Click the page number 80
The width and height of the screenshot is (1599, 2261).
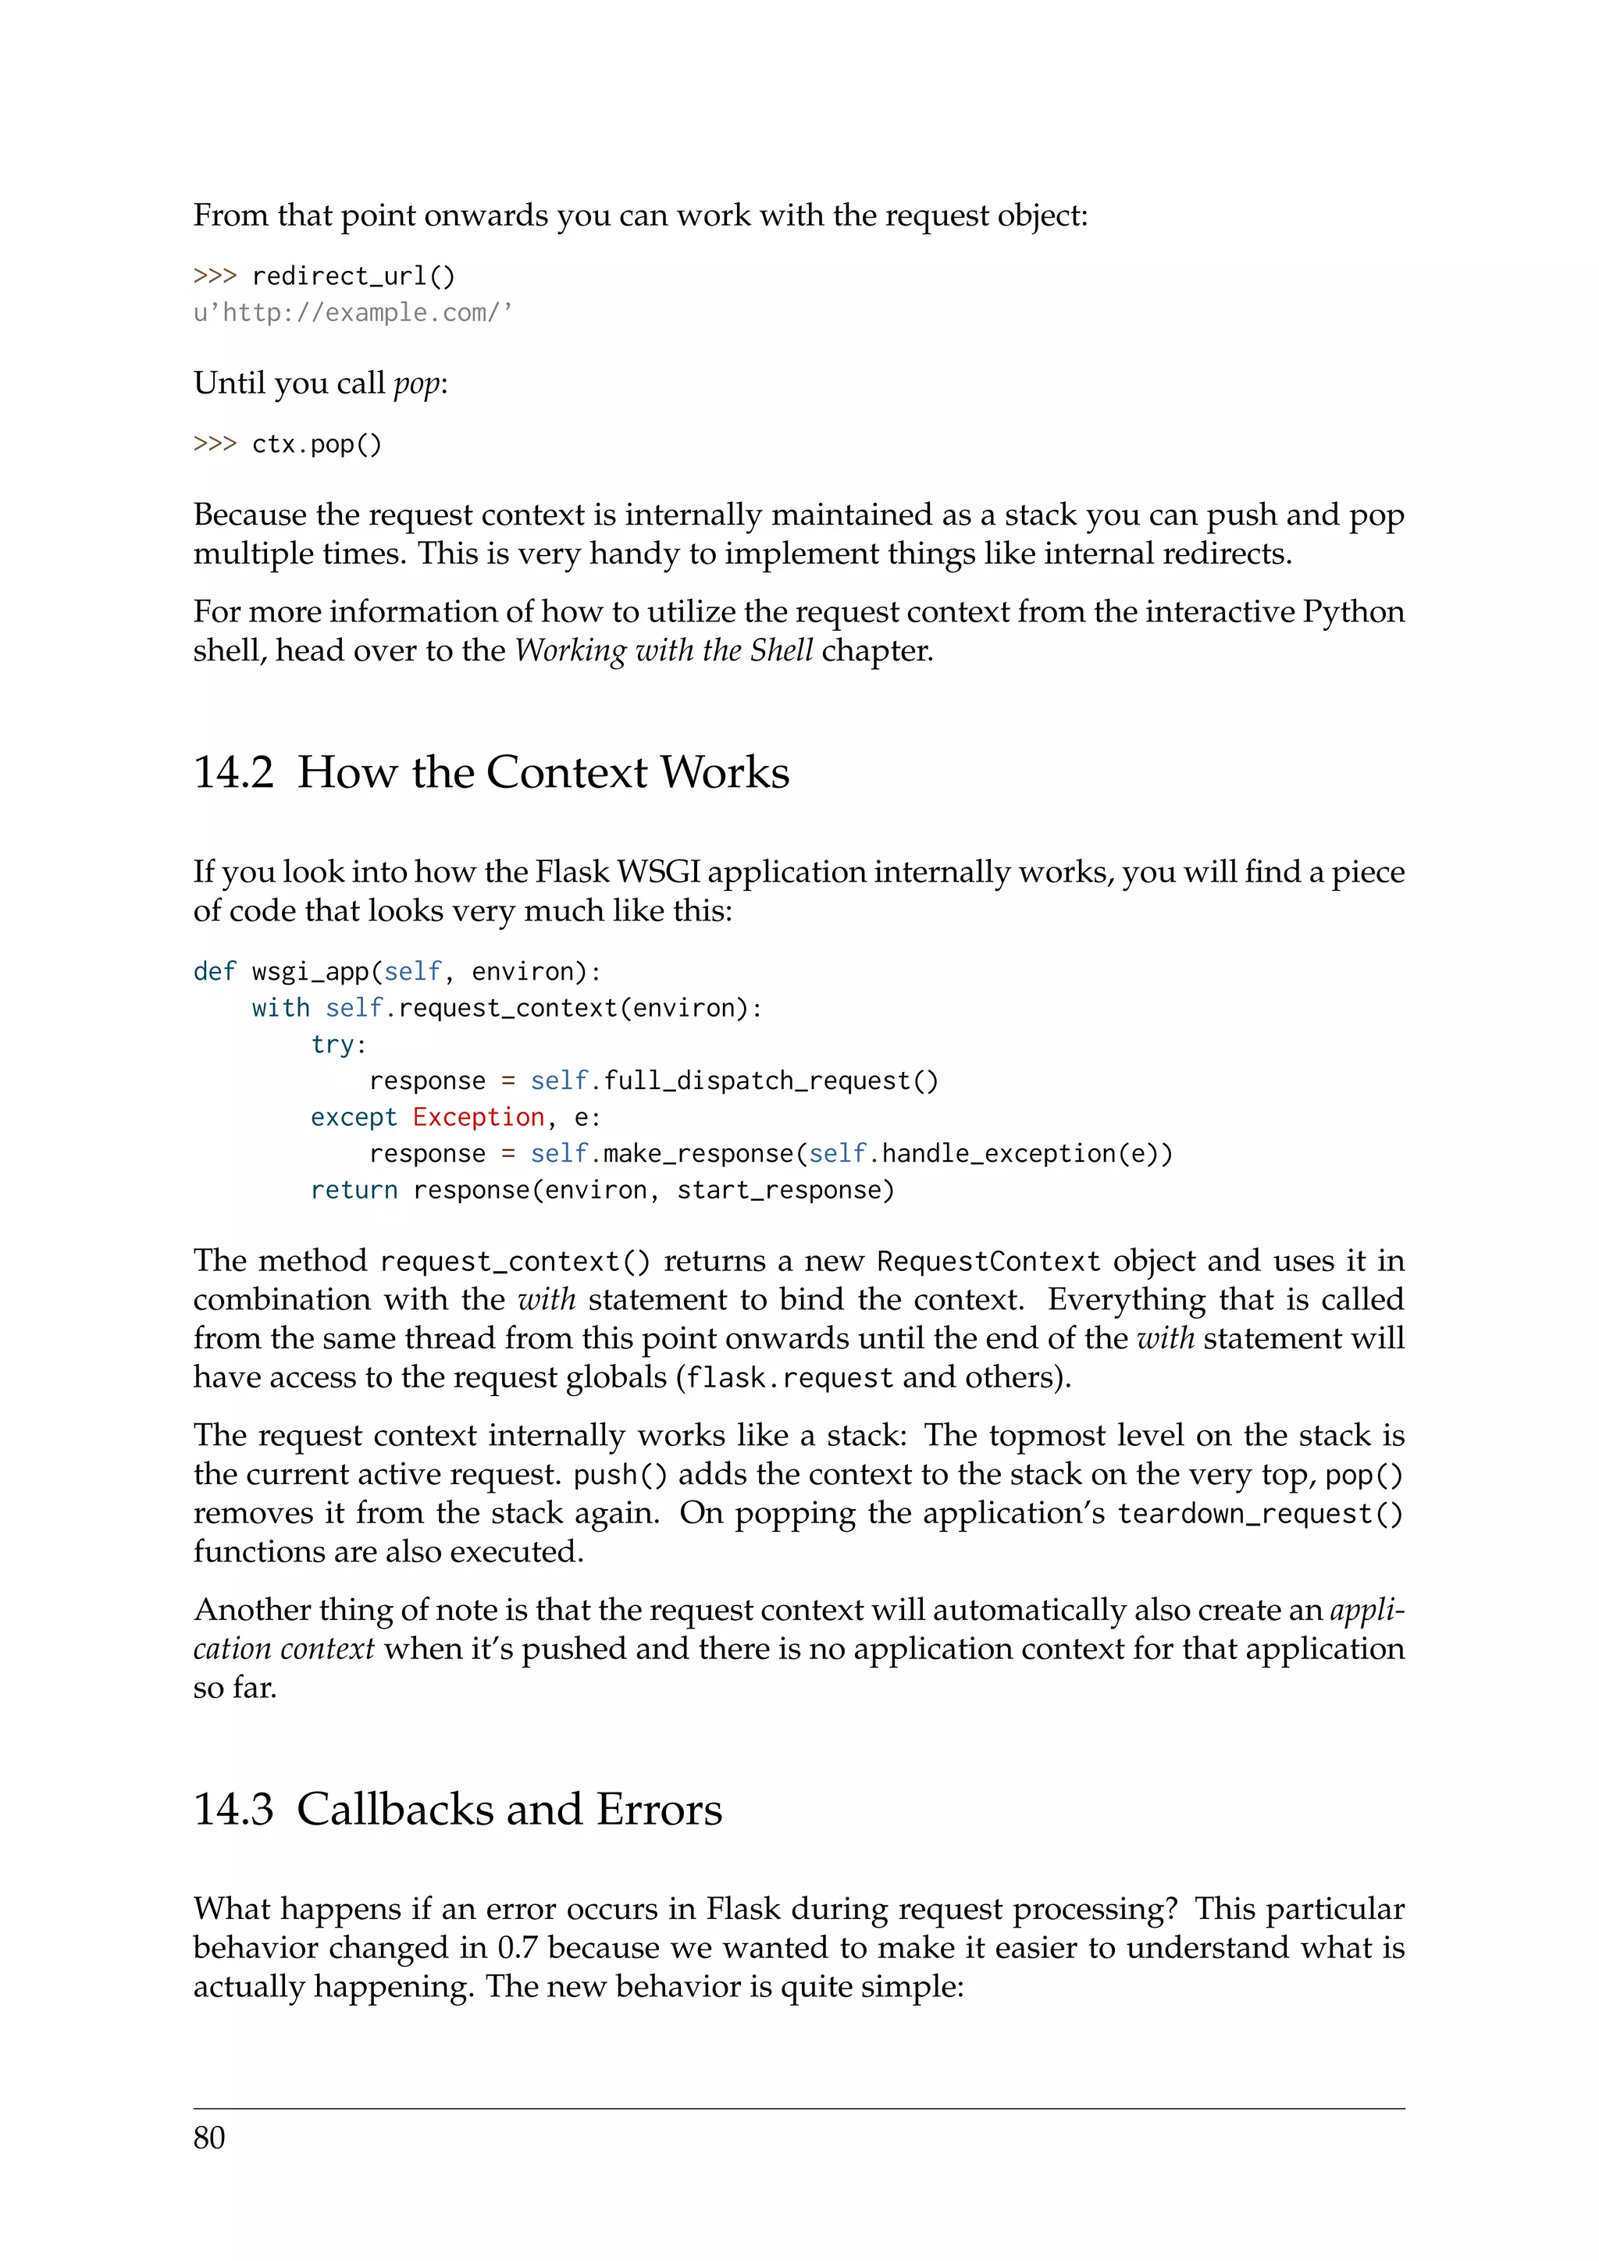point(208,2138)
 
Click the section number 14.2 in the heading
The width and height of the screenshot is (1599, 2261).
point(233,772)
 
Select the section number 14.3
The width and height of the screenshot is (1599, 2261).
point(233,1809)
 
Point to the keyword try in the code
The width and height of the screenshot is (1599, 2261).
point(333,1044)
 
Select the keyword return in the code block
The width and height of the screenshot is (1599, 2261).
point(354,1190)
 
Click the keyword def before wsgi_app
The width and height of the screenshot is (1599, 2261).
point(215,972)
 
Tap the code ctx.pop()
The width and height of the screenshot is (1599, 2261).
point(316,445)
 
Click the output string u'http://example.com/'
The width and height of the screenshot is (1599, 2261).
point(352,313)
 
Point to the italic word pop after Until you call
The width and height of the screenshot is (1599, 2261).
point(418,383)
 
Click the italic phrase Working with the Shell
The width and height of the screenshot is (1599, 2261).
point(664,651)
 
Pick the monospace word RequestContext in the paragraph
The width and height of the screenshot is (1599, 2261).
point(988,1262)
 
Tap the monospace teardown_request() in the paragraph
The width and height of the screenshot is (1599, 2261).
point(1259,1514)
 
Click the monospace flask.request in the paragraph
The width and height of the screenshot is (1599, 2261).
point(789,1378)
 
